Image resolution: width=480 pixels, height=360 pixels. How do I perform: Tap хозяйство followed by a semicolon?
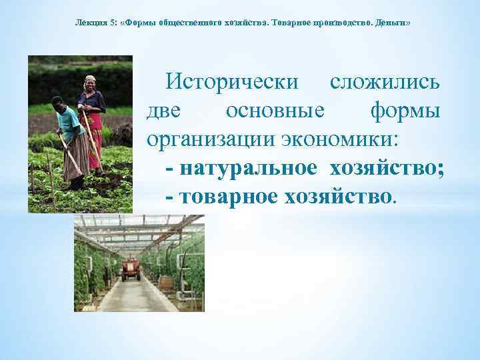(x=385, y=168)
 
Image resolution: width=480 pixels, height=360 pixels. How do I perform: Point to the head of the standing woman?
(x=89, y=83)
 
